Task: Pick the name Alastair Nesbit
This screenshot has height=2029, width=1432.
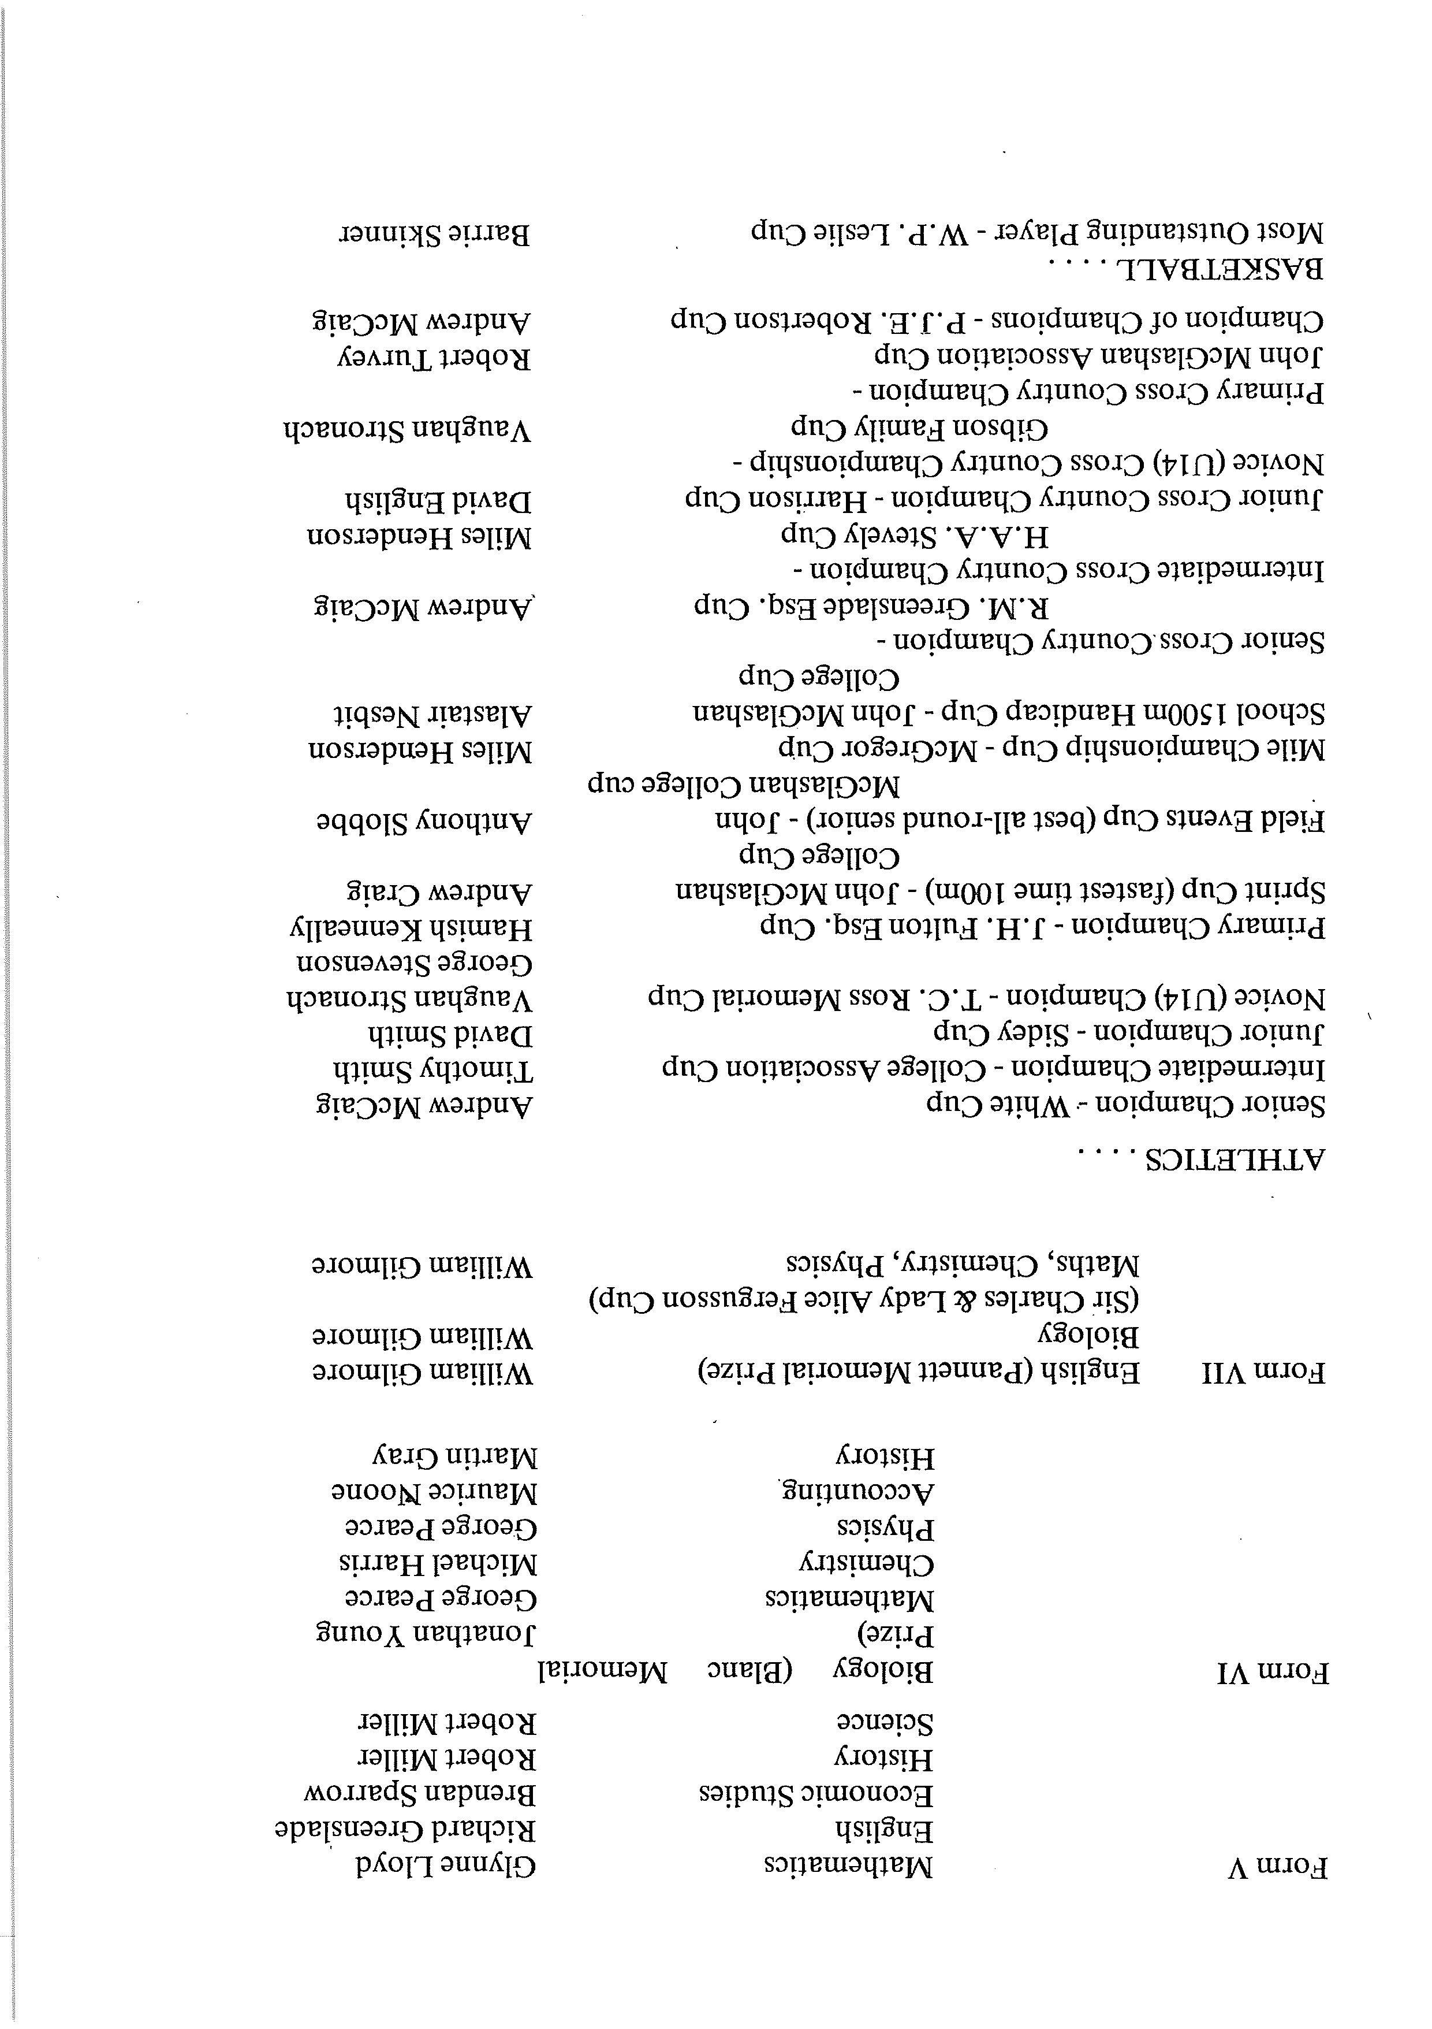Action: (433, 713)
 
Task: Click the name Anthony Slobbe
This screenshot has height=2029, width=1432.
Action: (424, 823)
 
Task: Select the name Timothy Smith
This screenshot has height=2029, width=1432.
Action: (433, 1071)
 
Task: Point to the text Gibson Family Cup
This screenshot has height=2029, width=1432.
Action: (919, 429)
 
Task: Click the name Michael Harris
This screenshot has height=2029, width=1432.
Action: (438, 1562)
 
